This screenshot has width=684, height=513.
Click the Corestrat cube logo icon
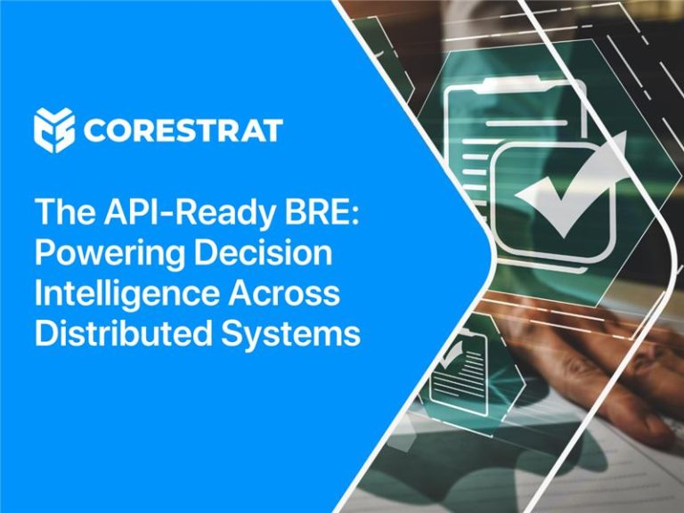click(53, 130)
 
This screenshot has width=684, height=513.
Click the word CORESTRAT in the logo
click(183, 130)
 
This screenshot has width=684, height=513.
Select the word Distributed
click(124, 333)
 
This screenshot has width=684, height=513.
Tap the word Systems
click(291, 335)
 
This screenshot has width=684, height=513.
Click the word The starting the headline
click(65, 212)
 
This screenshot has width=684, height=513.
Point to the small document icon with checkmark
click(458, 370)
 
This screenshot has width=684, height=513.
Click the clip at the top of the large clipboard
click(514, 85)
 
